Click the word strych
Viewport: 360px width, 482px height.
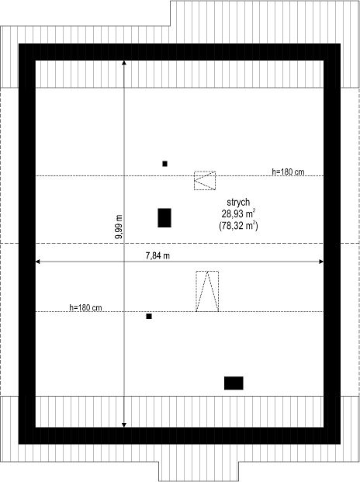point(238,203)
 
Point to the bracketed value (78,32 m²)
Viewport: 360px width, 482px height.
point(238,226)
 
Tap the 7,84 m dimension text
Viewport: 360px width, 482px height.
point(157,255)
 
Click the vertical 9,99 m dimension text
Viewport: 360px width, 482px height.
point(119,227)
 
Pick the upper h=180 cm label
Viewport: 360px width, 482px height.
point(288,172)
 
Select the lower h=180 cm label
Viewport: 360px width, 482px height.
point(85,307)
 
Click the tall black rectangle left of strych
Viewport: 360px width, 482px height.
point(164,218)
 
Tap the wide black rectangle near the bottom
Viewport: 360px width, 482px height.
point(234,383)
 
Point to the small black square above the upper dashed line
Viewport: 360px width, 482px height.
point(165,164)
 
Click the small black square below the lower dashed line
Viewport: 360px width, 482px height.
point(149,317)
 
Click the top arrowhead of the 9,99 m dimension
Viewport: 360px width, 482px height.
point(124,63)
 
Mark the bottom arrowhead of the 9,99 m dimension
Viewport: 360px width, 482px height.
point(124,425)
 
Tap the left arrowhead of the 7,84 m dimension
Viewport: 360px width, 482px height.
point(38,262)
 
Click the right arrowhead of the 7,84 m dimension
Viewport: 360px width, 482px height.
point(321,262)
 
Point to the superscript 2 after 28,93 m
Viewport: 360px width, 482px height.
point(254,210)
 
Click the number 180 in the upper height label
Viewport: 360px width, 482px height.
point(286,172)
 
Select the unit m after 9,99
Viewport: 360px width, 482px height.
point(119,218)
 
